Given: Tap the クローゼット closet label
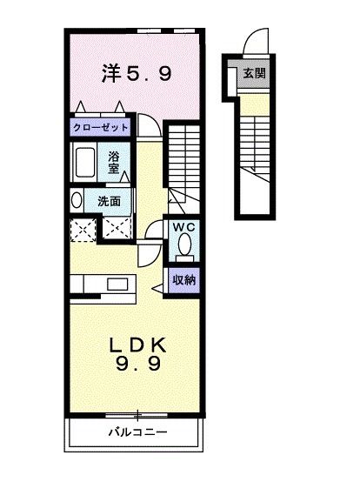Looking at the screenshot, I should [101, 127].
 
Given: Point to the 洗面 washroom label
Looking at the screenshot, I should [109, 200].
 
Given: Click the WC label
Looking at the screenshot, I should [183, 227].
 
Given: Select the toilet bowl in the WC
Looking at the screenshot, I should [183, 247].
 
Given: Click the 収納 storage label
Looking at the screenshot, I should [183, 280].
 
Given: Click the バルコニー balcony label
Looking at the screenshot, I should [137, 432].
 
